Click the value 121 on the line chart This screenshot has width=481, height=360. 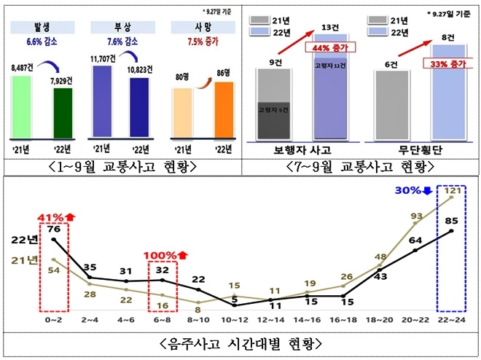(453, 192)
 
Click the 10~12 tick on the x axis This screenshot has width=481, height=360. (235, 319)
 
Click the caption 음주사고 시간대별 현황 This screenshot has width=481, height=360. (240, 343)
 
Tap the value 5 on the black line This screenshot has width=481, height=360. (235, 297)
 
